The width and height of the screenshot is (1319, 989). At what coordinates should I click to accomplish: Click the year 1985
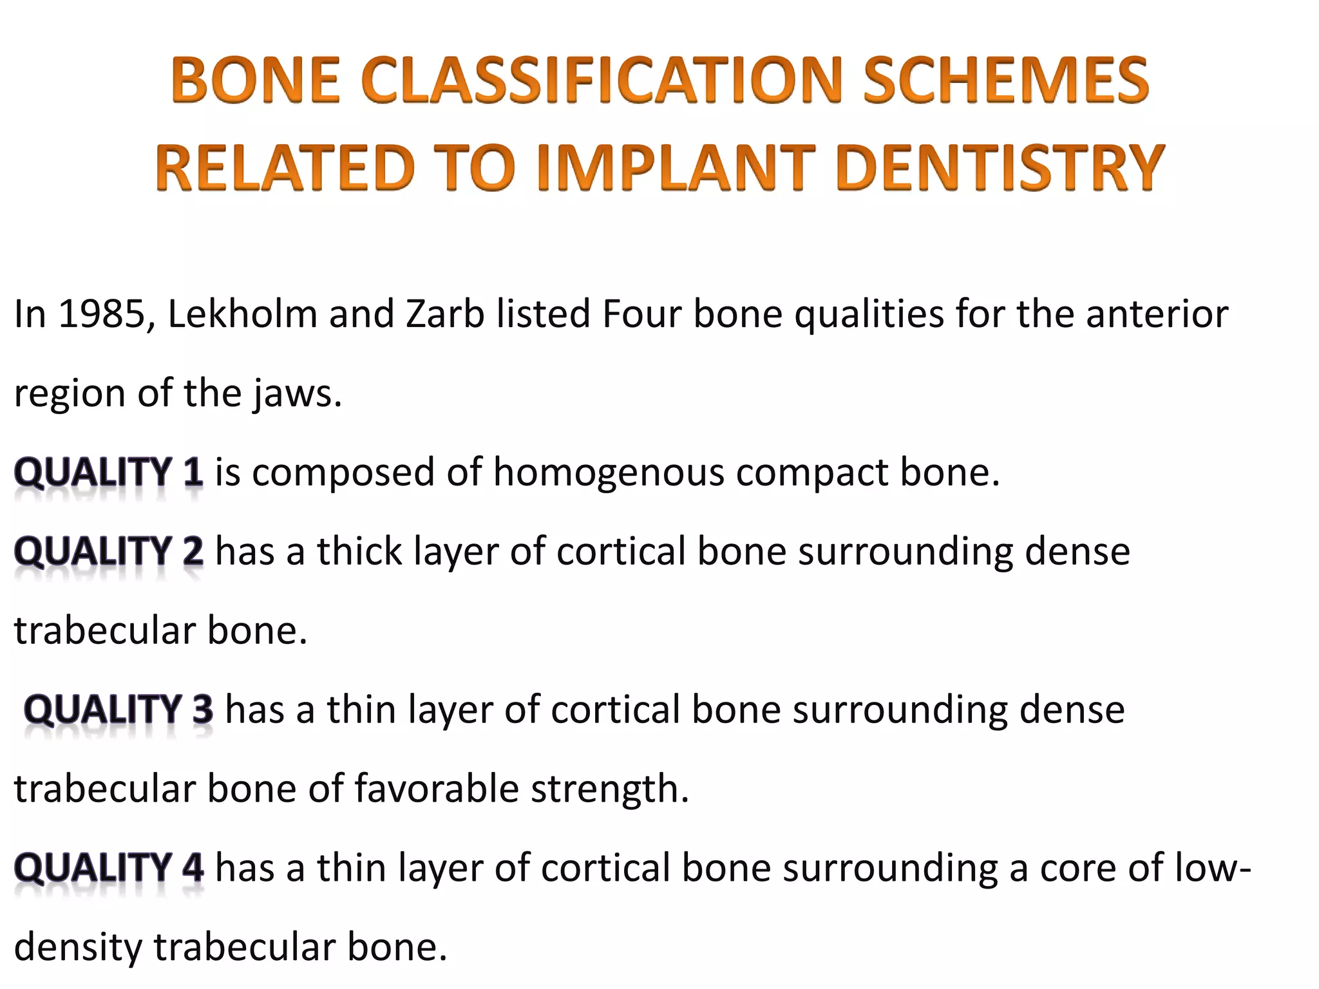101,314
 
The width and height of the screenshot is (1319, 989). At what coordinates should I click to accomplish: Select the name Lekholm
242,314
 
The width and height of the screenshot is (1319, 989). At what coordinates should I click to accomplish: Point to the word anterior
1157,314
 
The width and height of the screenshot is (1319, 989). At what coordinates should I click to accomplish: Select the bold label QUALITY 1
109,473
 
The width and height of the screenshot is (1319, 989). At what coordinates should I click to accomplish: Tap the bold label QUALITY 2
109,552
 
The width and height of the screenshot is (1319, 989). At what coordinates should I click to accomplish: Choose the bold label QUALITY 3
119,710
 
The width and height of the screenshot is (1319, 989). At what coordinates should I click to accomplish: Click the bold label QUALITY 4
109,868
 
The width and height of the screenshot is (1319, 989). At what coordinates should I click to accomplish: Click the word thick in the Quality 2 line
359,552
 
